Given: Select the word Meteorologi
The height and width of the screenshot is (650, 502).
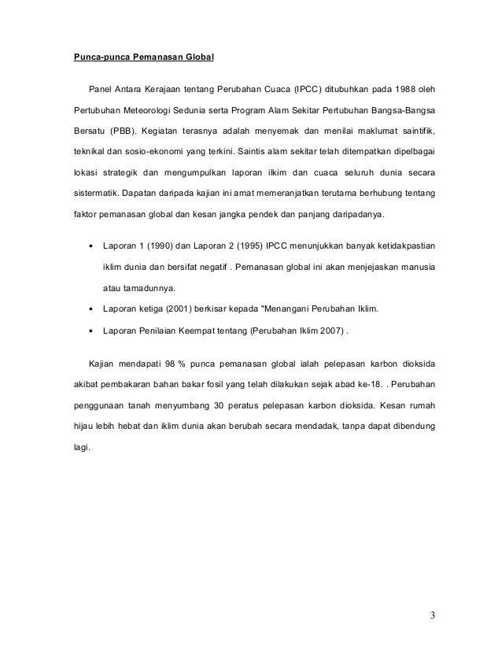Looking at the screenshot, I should coord(149,109).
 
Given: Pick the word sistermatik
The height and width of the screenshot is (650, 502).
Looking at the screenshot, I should coord(90,190).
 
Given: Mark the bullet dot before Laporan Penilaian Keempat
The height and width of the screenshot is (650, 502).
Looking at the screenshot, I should coord(91,331).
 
